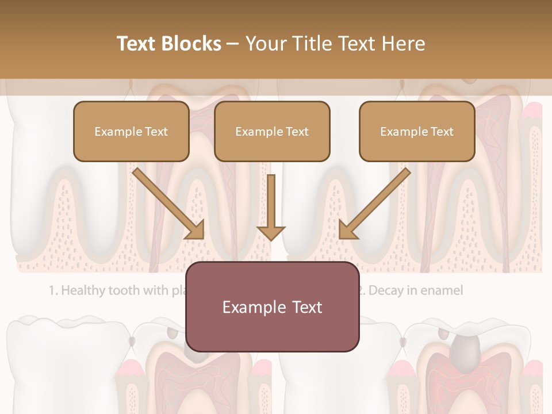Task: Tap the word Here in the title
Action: tap(402, 44)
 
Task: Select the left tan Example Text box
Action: tap(131, 131)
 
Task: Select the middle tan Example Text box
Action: tap(272, 131)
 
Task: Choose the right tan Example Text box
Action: tap(417, 131)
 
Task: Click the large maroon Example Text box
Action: tap(272, 306)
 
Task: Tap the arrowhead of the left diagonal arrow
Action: tap(195, 231)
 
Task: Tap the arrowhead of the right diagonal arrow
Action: tap(347, 231)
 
